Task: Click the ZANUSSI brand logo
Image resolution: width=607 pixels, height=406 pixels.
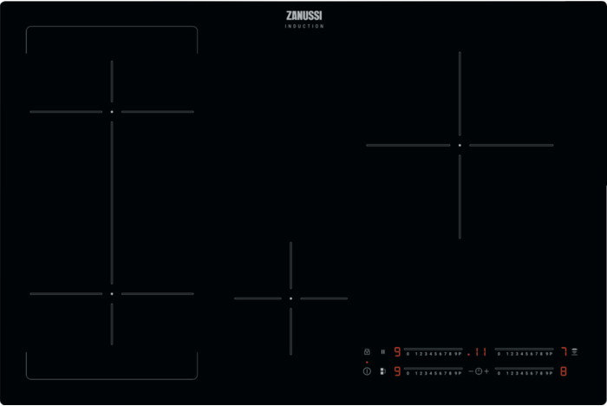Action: (303, 16)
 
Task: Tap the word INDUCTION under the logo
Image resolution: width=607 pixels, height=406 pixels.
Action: (303, 27)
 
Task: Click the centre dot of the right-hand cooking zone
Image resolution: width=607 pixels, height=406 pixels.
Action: (460, 145)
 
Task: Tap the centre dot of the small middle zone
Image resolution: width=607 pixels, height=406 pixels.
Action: (290, 298)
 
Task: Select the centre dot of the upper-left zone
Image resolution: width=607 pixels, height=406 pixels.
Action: (112, 112)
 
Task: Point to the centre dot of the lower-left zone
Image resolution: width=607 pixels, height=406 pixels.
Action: (112, 294)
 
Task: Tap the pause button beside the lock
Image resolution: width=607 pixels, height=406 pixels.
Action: (382, 352)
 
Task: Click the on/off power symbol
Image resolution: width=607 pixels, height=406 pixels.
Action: (367, 371)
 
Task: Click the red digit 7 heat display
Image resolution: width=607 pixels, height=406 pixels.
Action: (563, 352)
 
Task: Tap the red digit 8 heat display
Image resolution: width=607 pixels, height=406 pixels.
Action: (563, 371)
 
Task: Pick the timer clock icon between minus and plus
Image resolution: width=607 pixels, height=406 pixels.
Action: (478, 371)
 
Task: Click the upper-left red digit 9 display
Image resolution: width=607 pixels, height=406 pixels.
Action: (398, 352)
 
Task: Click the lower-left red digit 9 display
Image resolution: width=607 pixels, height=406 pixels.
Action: (398, 371)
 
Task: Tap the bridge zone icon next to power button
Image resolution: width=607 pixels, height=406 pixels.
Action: (382, 371)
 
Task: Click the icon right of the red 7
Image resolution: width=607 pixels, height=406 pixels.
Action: (574, 351)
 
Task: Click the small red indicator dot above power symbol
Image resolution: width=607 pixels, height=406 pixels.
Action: (367, 363)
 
